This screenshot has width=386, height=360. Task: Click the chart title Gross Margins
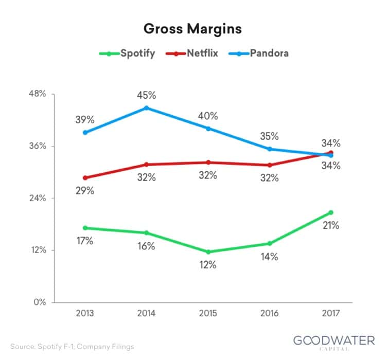click(193, 29)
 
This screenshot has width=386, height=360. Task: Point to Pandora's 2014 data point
click(147, 108)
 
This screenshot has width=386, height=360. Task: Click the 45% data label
click(147, 95)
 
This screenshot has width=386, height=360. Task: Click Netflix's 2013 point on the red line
click(85, 178)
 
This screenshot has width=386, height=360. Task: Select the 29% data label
click(85, 191)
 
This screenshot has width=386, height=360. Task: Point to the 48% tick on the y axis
click(38, 94)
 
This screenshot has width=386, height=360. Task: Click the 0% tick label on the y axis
click(40, 302)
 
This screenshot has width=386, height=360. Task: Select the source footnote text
click(72, 347)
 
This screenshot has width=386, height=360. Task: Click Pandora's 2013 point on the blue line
click(85, 132)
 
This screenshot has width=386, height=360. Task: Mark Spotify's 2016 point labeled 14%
click(269, 243)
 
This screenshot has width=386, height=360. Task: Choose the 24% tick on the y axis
click(38, 198)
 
